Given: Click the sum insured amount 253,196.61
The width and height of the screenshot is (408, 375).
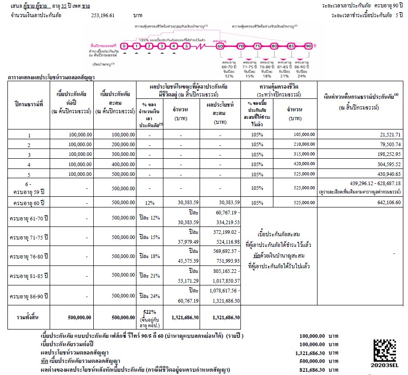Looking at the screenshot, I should coord(103,15).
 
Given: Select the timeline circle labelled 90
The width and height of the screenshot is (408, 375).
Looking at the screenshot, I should coord(308,46).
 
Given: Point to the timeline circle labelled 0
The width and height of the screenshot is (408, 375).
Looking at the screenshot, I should coord(124,46).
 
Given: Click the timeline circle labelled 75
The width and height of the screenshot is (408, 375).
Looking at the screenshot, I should coord(258,46).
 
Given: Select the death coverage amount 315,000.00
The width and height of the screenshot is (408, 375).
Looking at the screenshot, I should coord(301,154).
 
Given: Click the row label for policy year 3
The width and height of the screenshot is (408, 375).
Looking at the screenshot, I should coord(29,154).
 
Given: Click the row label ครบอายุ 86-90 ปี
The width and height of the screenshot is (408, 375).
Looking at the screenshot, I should coord(27,296).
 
